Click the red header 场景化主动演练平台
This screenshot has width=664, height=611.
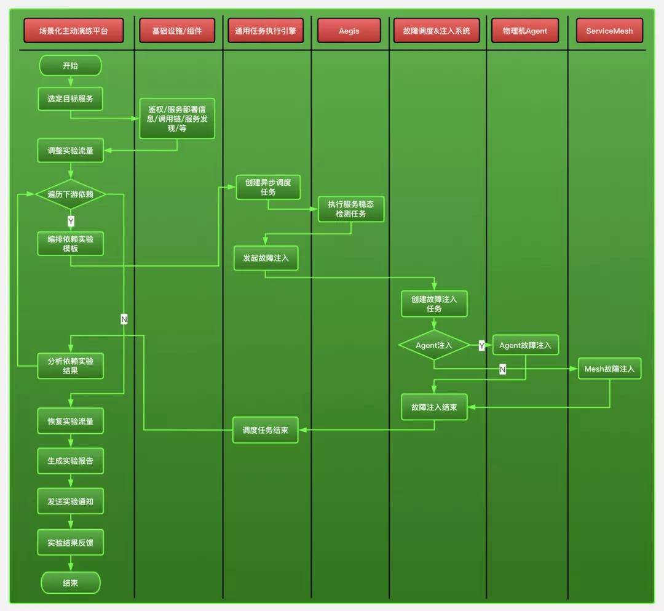[x=73, y=31]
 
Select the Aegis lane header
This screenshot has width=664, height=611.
[x=349, y=31]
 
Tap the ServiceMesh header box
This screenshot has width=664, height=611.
[x=609, y=31]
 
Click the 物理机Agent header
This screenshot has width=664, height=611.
[x=524, y=31]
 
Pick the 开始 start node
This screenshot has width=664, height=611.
[x=70, y=65]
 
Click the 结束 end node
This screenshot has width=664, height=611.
[x=70, y=583]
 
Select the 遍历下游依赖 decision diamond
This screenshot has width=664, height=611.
[x=70, y=194]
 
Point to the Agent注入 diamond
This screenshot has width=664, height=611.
[x=434, y=345]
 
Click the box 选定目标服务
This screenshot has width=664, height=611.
[x=70, y=98]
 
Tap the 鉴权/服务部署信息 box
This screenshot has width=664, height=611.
[x=177, y=118]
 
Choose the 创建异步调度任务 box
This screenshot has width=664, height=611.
[x=268, y=187]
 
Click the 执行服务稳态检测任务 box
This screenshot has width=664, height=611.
[x=350, y=209]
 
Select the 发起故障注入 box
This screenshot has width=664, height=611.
[x=266, y=258]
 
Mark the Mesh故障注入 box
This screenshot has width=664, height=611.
[x=609, y=369]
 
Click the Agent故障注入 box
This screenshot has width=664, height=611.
[x=525, y=345]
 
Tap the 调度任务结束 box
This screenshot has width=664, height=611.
[x=265, y=429]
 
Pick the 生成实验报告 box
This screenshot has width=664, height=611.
[x=70, y=460]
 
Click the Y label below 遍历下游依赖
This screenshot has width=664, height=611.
[x=71, y=221]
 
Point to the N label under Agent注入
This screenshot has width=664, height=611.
[x=502, y=369]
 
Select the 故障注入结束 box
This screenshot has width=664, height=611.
[x=434, y=407]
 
